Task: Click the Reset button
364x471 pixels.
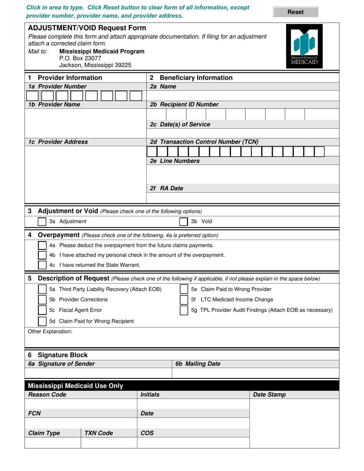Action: click(295, 12)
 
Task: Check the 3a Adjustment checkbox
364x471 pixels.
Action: click(42, 222)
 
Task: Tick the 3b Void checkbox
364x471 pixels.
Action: click(184, 222)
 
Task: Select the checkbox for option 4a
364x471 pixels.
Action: click(42, 245)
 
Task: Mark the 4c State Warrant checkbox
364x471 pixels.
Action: click(42, 265)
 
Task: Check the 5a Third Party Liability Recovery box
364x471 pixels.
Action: click(42, 289)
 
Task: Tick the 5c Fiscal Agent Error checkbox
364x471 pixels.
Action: click(42, 311)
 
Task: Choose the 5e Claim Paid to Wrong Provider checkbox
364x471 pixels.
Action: click(184, 289)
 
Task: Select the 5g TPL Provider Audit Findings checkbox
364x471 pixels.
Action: click(184, 311)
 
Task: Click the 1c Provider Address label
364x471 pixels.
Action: click(58, 142)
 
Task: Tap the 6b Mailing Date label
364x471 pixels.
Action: click(198, 364)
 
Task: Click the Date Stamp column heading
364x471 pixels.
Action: click(269, 395)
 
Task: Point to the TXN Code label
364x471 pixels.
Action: click(98, 433)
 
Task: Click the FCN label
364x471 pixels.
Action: click(34, 414)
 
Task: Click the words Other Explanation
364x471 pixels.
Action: click(50, 332)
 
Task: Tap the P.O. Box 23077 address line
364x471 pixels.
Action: click(80, 58)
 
